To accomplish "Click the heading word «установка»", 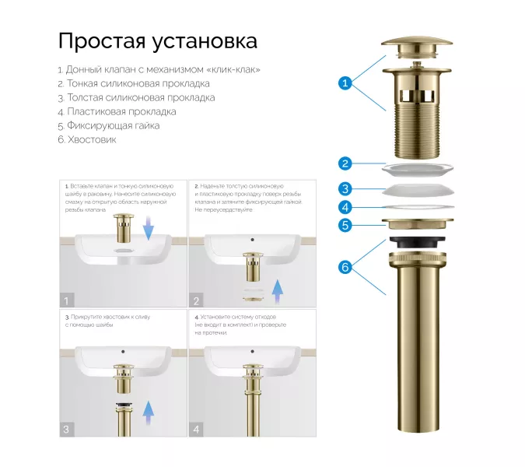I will point(204,40).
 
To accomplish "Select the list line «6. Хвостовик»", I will point(86,139).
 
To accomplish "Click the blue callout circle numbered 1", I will point(345,82).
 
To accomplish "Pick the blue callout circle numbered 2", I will point(345,163).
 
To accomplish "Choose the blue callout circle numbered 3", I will point(345,188).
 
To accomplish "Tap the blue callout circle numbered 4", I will point(345,207).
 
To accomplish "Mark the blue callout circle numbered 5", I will point(345,226).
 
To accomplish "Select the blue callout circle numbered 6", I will point(345,267).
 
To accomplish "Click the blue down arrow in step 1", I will point(149,226).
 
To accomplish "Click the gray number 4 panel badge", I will point(196,429).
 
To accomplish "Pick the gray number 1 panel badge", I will point(68,300).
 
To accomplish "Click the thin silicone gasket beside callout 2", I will point(418,167).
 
